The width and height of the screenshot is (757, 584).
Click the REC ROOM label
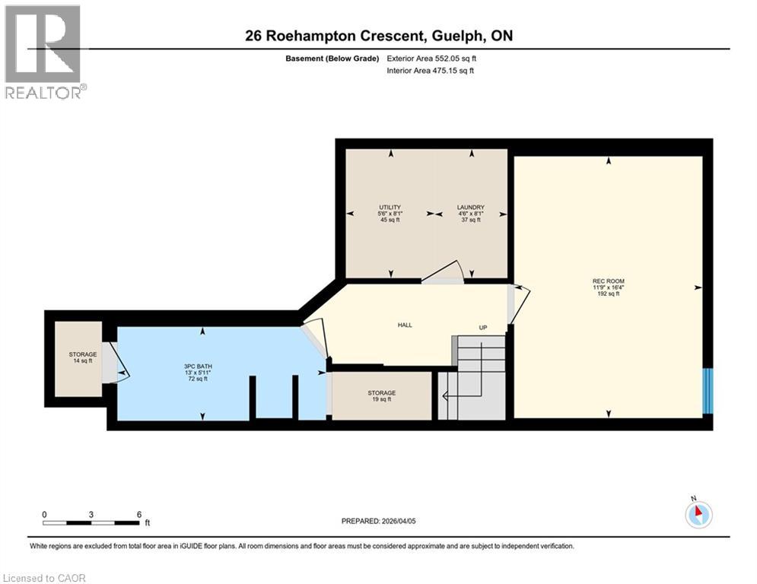click(x=608, y=281)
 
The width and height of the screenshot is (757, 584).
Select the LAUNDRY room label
click(x=470, y=208)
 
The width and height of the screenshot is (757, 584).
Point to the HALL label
click(x=405, y=325)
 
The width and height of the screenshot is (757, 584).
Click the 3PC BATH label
click(x=202, y=367)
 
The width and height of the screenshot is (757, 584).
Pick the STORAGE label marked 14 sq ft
click(x=82, y=354)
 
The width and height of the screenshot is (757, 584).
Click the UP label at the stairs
click(x=482, y=328)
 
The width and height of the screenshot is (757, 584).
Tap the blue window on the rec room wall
click(x=708, y=391)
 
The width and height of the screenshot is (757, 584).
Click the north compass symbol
click(x=697, y=515)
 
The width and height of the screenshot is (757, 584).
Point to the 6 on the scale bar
click(x=138, y=514)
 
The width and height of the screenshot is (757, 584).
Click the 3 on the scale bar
click(x=91, y=514)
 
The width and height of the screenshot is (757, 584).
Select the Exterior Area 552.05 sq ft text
click(x=432, y=58)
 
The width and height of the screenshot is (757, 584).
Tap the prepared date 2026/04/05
click(x=378, y=521)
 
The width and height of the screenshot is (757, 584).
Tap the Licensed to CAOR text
click(x=46, y=578)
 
